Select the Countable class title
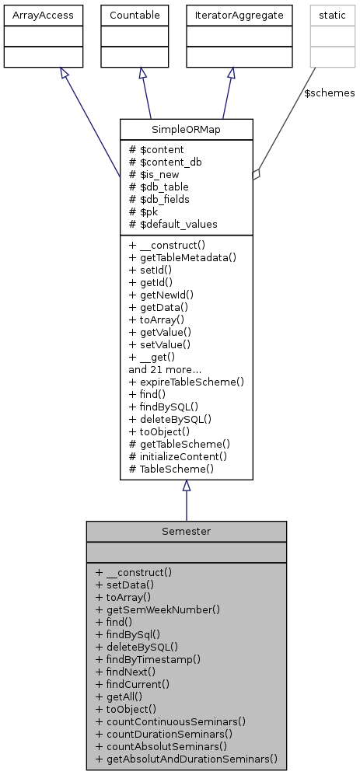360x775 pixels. click(x=140, y=14)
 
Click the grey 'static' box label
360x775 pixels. click(x=327, y=14)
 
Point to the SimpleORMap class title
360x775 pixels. click(x=187, y=129)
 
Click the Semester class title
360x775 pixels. click(x=187, y=532)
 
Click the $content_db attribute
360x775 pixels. click(x=162, y=162)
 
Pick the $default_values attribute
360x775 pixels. click(x=173, y=224)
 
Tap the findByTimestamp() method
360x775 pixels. click(x=149, y=659)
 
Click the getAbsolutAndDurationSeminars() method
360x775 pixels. click(x=187, y=759)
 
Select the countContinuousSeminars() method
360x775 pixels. click(x=170, y=721)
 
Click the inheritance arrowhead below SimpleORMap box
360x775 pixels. click(x=187, y=486)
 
